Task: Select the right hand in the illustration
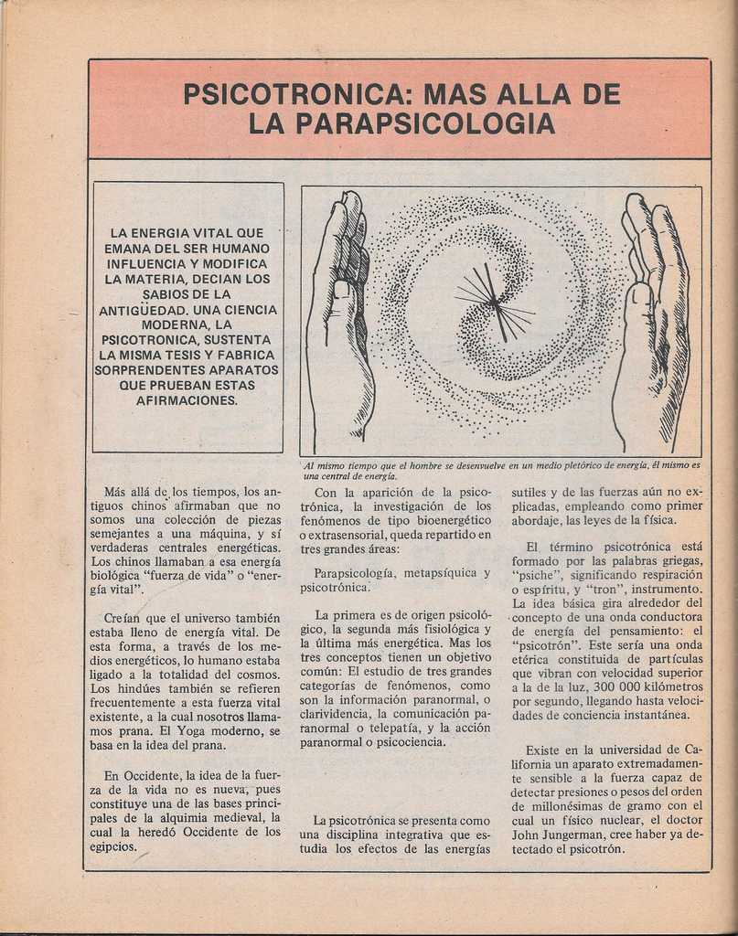pos(653,320)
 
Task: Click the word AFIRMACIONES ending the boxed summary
pos(187,399)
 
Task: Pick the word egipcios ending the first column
pos(113,847)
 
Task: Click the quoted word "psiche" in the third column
pos(535,575)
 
